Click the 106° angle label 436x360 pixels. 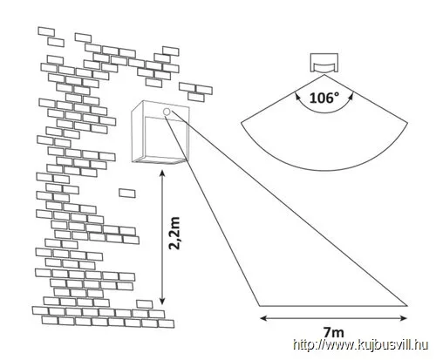(x=324, y=98)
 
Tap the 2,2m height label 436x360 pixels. (x=174, y=233)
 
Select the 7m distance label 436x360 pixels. (x=333, y=332)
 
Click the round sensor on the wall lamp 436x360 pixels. (x=167, y=112)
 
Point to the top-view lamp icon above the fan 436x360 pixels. (x=324, y=63)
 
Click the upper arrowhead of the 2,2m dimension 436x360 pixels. (x=162, y=173)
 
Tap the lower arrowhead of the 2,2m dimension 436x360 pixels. (x=162, y=302)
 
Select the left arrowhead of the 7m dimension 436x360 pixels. (x=263, y=318)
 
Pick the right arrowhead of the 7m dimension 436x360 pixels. (x=404, y=318)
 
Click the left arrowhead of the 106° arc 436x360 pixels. (x=298, y=96)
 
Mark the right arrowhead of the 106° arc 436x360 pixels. (x=351, y=96)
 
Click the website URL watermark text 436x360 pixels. (x=360, y=345)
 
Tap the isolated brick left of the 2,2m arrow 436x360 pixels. (x=127, y=194)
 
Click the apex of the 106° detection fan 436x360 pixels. (x=324, y=75)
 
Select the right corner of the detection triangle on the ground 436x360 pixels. (x=406, y=306)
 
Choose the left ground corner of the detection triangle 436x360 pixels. (x=259, y=306)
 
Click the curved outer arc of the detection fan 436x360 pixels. (x=324, y=170)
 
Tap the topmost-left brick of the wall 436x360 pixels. (x=46, y=31)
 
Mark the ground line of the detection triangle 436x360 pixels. (x=333, y=306)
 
